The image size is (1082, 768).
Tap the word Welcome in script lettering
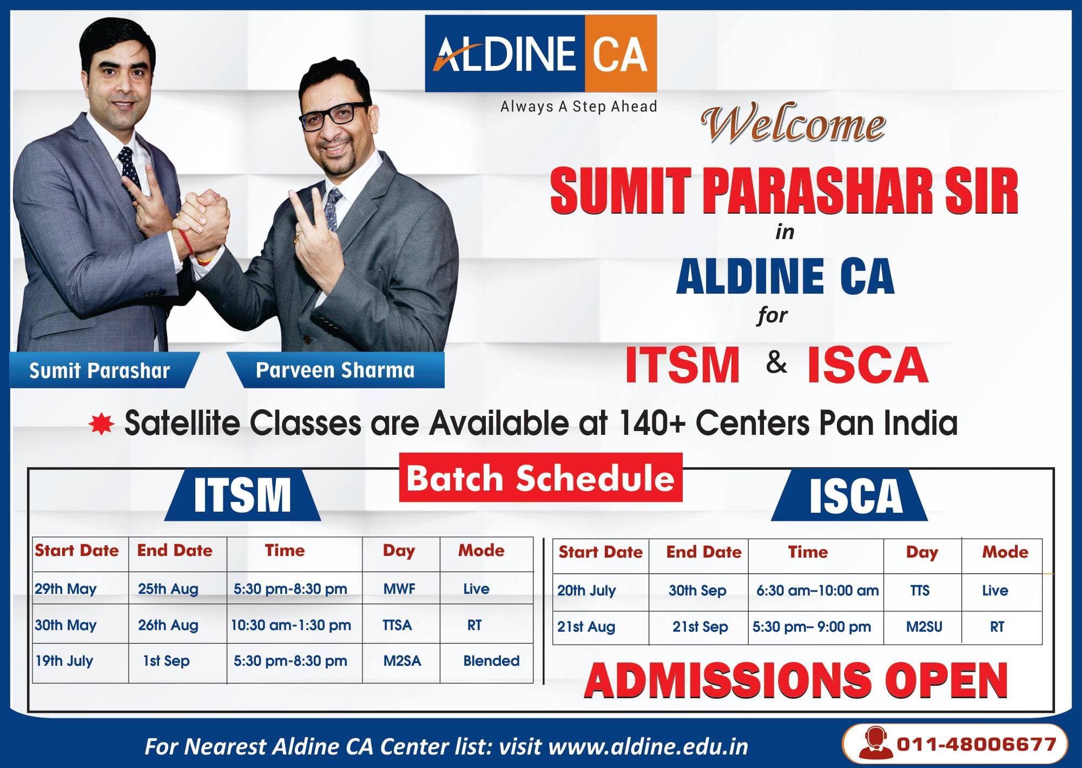click(793, 124)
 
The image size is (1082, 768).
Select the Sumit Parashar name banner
click(100, 370)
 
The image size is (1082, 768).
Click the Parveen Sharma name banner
click(335, 370)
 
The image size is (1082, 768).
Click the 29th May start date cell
click(66, 589)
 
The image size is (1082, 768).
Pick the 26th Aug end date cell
click(168, 625)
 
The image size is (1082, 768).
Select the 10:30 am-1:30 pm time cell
click(291, 625)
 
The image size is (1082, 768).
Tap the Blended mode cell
click(491, 661)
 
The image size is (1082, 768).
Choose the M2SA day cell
click(402, 661)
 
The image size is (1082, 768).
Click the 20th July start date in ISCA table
click(586, 591)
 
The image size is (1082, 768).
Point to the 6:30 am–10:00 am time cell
click(817, 591)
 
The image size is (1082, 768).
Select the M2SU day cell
click(924, 627)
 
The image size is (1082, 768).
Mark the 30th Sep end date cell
click(697, 591)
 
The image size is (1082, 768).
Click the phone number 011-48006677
click(977, 744)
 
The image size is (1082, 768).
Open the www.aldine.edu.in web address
click(648, 747)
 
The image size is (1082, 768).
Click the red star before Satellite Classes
click(101, 425)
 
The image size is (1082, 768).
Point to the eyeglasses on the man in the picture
click(328, 115)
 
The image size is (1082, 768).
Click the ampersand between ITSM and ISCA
click(776, 362)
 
